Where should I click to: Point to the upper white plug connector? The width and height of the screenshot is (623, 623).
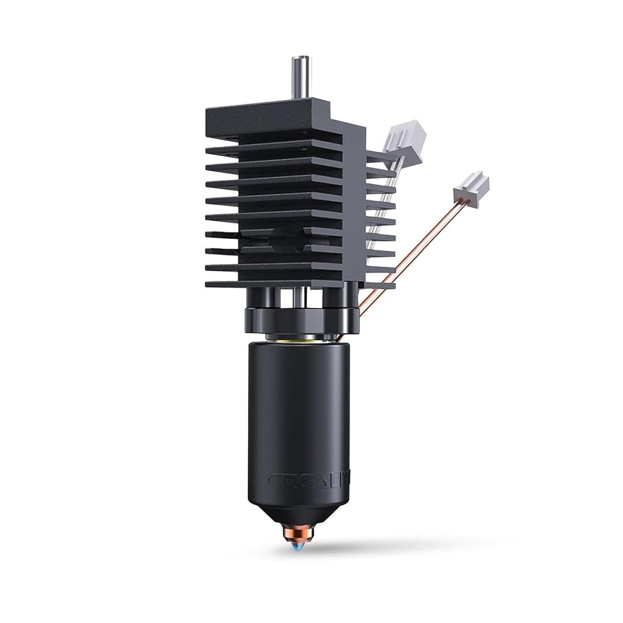click(405, 138)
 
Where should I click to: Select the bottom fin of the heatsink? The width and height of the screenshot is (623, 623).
click(271, 283)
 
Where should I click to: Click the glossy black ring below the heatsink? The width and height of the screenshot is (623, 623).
click(301, 320)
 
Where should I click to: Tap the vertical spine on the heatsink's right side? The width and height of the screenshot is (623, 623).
click(353, 202)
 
